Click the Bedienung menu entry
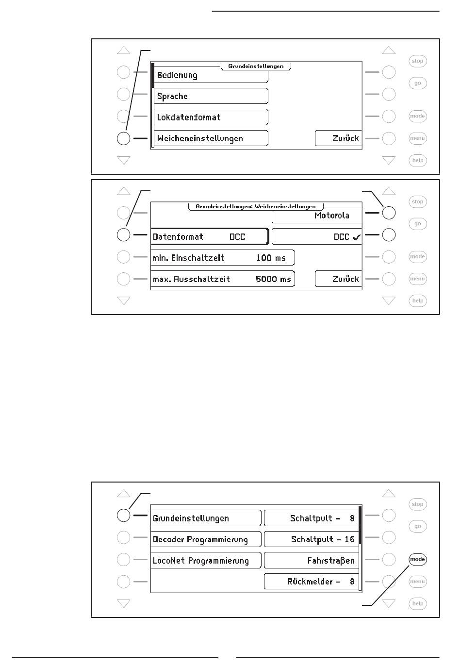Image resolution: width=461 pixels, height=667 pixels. [211, 76]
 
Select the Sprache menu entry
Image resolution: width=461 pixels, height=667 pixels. [211, 96]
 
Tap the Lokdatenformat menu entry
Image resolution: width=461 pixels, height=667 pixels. [211, 117]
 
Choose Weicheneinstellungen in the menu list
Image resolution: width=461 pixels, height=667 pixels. [211, 138]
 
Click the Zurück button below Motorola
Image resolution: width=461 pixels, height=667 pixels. [338, 279]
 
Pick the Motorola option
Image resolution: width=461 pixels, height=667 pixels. [317, 216]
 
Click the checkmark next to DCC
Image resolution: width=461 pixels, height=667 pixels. [357, 237]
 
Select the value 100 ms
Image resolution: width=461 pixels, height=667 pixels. [271, 258]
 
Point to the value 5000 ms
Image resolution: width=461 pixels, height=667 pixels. [273, 279]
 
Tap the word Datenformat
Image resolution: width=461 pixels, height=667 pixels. [178, 237]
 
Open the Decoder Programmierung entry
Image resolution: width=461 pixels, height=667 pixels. [206, 539]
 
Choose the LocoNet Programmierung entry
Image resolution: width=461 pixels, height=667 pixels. [206, 561]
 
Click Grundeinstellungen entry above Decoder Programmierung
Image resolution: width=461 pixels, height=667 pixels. [206, 518]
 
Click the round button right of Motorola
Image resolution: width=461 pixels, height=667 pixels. [389, 213]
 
